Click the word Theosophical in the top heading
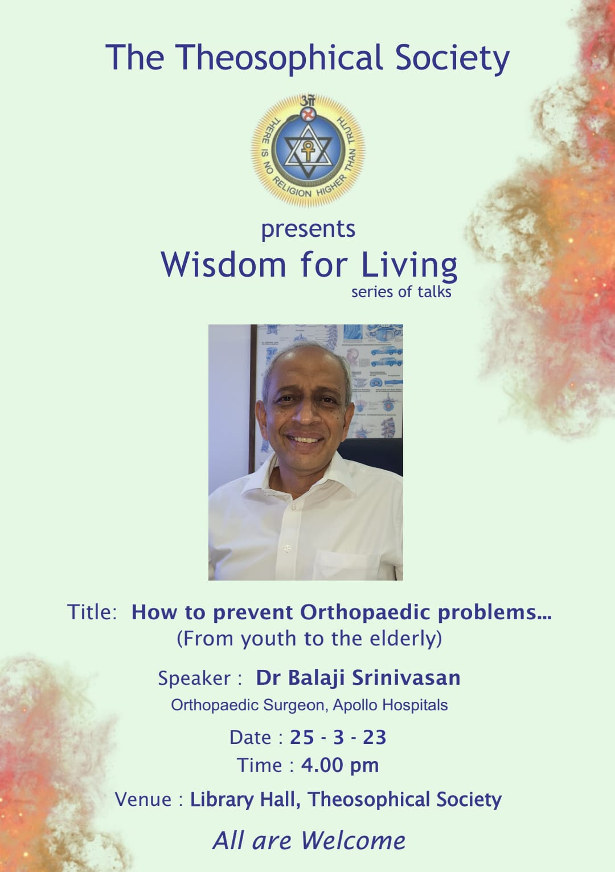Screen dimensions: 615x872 coord(278,58)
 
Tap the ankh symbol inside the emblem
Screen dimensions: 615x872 coord(307,151)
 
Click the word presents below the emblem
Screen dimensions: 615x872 coord(308,229)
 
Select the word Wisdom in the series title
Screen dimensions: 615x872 coord(223,265)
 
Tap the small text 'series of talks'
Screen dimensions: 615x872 coord(401,292)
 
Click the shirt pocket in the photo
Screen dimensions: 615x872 coord(346,565)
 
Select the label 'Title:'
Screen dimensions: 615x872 coord(92,612)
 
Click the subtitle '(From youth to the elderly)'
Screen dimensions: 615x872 coord(310,639)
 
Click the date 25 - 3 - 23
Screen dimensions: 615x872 coord(338,737)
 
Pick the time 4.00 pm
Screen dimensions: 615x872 coord(340,766)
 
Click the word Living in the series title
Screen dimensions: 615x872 coord(409,266)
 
